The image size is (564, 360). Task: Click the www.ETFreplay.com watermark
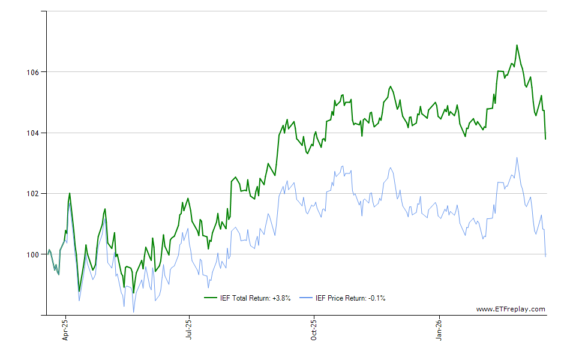click(511, 310)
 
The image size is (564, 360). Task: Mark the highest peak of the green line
click(517, 45)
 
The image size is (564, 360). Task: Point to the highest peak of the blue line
click(517, 158)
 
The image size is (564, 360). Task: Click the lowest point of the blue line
click(133, 312)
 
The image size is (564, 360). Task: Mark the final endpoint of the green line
click(545, 139)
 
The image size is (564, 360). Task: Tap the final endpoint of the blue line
click(545, 256)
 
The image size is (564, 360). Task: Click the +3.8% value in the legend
click(280, 298)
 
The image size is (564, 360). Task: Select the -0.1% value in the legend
click(376, 298)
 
